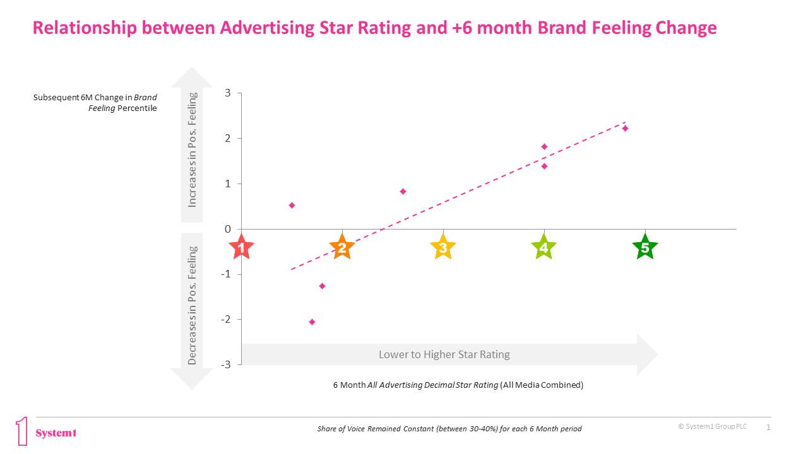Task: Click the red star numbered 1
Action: [241, 248]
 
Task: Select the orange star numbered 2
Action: [342, 248]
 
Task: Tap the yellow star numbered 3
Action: [443, 248]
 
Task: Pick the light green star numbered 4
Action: [544, 248]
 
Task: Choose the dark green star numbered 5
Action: [645, 248]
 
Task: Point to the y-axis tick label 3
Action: [228, 93]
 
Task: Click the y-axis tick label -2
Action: [226, 319]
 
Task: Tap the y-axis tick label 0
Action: [228, 229]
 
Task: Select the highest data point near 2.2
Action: [625, 129]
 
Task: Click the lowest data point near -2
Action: [312, 322]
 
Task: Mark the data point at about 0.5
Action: [292, 206]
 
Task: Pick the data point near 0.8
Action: [403, 192]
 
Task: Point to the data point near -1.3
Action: [322, 286]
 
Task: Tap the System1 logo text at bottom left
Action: [56, 433]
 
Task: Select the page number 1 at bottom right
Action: [768, 428]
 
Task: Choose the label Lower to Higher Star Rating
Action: [444, 354]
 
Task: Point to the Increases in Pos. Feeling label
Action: [193, 150]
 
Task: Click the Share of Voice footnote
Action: [449, 429]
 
